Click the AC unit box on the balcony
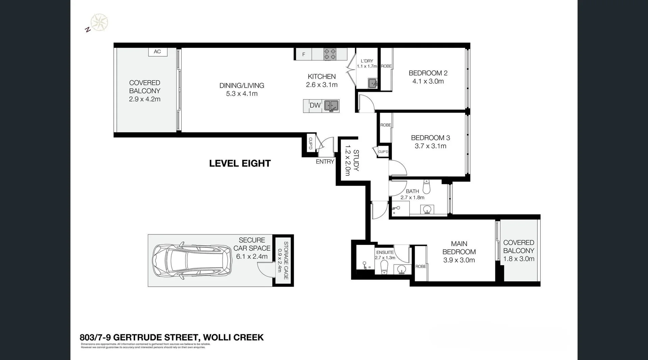(158, 52)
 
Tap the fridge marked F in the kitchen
(304, 54)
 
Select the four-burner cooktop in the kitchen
(330, 54)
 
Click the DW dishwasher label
(315, 105)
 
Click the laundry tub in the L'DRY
(372, 83)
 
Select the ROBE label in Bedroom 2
(386, 66)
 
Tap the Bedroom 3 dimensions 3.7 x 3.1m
(430, 146)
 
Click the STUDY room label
(356, 161)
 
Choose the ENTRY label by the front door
(325, 162)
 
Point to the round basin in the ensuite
(402, 269)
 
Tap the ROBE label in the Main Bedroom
(421, 267)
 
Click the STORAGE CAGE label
(286, 260)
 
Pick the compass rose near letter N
(99, 23)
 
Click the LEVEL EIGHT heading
(240, 163)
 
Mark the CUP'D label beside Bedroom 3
(383, 152)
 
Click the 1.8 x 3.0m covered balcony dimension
(519, 259)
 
